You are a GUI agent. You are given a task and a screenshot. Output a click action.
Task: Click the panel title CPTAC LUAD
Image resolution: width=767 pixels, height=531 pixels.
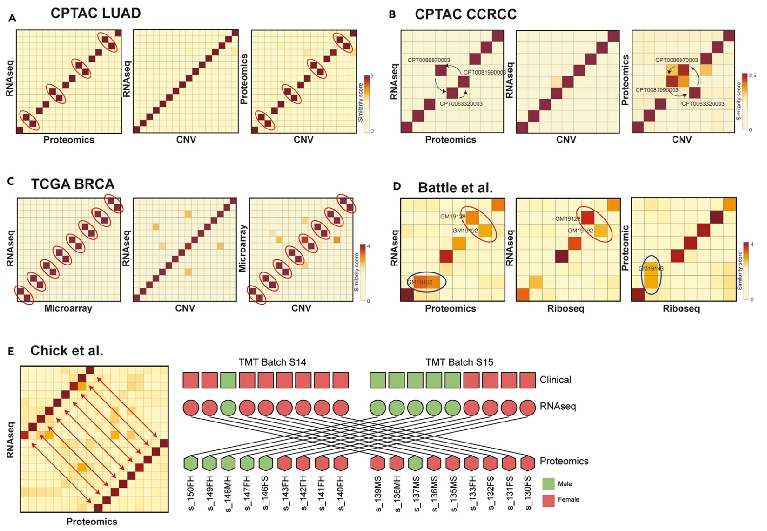pos(95,14)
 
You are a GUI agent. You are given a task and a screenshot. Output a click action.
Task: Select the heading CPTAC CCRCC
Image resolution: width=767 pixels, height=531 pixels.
pos(465,14)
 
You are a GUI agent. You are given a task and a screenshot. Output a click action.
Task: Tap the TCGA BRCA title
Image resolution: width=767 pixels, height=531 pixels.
pos(73,184)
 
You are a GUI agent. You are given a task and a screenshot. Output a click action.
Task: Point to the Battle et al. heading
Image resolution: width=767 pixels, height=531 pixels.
pos(455,188)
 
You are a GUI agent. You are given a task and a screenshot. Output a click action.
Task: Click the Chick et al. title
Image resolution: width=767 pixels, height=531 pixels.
pos(67,351)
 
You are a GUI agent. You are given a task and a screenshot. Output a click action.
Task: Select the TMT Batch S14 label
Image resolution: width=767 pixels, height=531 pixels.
pos(272,362)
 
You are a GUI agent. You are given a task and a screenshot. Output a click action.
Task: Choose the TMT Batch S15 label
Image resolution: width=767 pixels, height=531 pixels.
pos(459,362)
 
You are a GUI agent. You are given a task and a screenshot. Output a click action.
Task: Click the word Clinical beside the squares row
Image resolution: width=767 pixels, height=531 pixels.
pos(555,380)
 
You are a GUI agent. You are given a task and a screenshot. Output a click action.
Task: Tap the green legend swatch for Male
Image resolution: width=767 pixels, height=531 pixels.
pos(549,483)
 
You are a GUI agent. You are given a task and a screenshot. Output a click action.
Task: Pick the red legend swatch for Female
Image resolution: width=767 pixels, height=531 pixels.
pos(549,500)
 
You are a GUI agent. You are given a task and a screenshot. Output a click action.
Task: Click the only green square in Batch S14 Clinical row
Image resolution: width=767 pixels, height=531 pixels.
pos(228,380)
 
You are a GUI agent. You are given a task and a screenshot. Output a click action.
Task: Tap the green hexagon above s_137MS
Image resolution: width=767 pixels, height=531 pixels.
pos(415,463)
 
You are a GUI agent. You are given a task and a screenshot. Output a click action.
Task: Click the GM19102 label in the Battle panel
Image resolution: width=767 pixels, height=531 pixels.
pos(420,282)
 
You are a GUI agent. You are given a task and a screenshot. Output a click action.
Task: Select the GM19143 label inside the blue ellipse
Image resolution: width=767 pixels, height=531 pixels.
pos(651,269)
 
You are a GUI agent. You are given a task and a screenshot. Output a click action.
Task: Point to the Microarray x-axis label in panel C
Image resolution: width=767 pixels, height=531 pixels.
pos(68,308)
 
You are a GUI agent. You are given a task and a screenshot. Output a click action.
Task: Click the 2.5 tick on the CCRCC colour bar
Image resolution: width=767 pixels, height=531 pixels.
pos(752,75)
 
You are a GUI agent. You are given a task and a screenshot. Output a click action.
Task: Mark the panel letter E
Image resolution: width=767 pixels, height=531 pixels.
pos(11,352)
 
